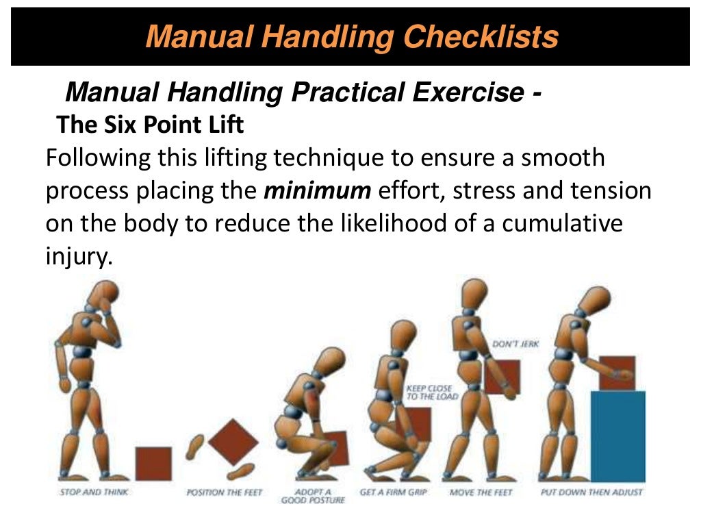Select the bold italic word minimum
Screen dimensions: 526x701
coord(317,190)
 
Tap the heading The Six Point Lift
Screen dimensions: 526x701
coord(150,125)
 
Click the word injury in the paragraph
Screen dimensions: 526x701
coord(77,258)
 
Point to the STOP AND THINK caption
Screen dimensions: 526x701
coord(94,492)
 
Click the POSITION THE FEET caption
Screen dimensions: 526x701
coord(225,492)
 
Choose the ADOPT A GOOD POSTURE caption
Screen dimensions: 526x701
coord(313,496)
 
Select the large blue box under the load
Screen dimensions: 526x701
coord(617,436)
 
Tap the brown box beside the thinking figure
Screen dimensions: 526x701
coord(153,463)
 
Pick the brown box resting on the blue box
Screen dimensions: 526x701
coord(617,373)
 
